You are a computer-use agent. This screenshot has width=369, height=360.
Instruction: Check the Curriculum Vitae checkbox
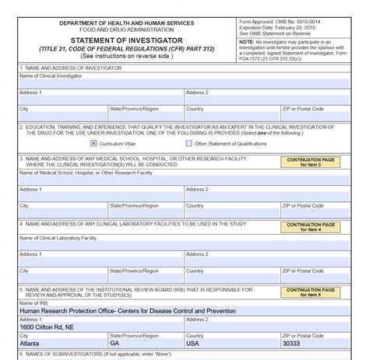pyautogui.click(x=93, y=143)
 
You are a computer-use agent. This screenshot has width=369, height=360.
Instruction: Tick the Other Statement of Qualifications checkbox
pyautogui.click(x=189, y=143)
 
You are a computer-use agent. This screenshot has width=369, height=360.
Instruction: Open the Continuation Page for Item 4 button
pyautogui.click(x=310, y=227)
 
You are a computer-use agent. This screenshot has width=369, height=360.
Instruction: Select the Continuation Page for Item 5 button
pyautogui.click(x=310, y=292)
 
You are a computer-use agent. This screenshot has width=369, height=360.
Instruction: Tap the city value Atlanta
pyautogui.click(x=32, y=343)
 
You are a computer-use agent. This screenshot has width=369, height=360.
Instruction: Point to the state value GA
pyautogui.click(x=115, y=343)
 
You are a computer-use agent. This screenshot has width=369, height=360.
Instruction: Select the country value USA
pyautogui.click(x=193, y=343)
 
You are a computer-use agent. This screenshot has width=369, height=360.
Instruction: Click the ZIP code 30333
pyautogui.click(x=290, y=343)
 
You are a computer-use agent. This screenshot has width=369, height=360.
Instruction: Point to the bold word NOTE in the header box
pyautogui.click(x=248, y=40)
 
